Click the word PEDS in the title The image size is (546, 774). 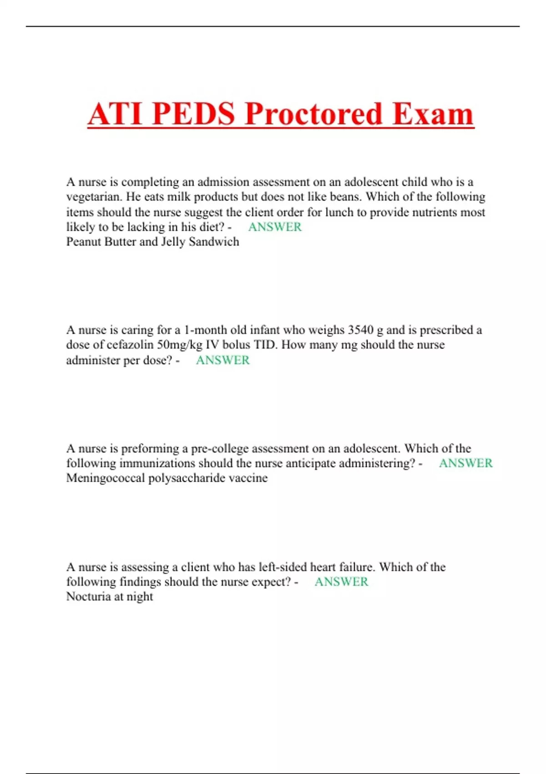[193, 114]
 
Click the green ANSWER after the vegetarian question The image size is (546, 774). [275, 227]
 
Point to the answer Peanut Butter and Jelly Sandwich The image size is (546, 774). [152, 242]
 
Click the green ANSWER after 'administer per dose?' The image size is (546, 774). [222, 360]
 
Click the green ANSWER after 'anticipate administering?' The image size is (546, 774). [465, 463]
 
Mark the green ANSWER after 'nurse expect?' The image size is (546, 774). [341, 582]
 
